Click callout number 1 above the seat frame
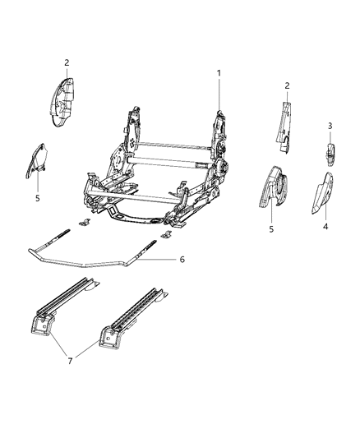pos(219,73)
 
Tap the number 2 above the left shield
pos(67,62)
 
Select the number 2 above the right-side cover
pos(287,85)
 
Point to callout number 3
pos(330,126)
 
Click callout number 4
pos(325,226)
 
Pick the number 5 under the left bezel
pos(38,198)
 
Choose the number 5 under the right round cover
pos(271,229)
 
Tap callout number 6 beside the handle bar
pos(182,260)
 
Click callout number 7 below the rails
pos(70,361)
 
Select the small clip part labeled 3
pos(330,154)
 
